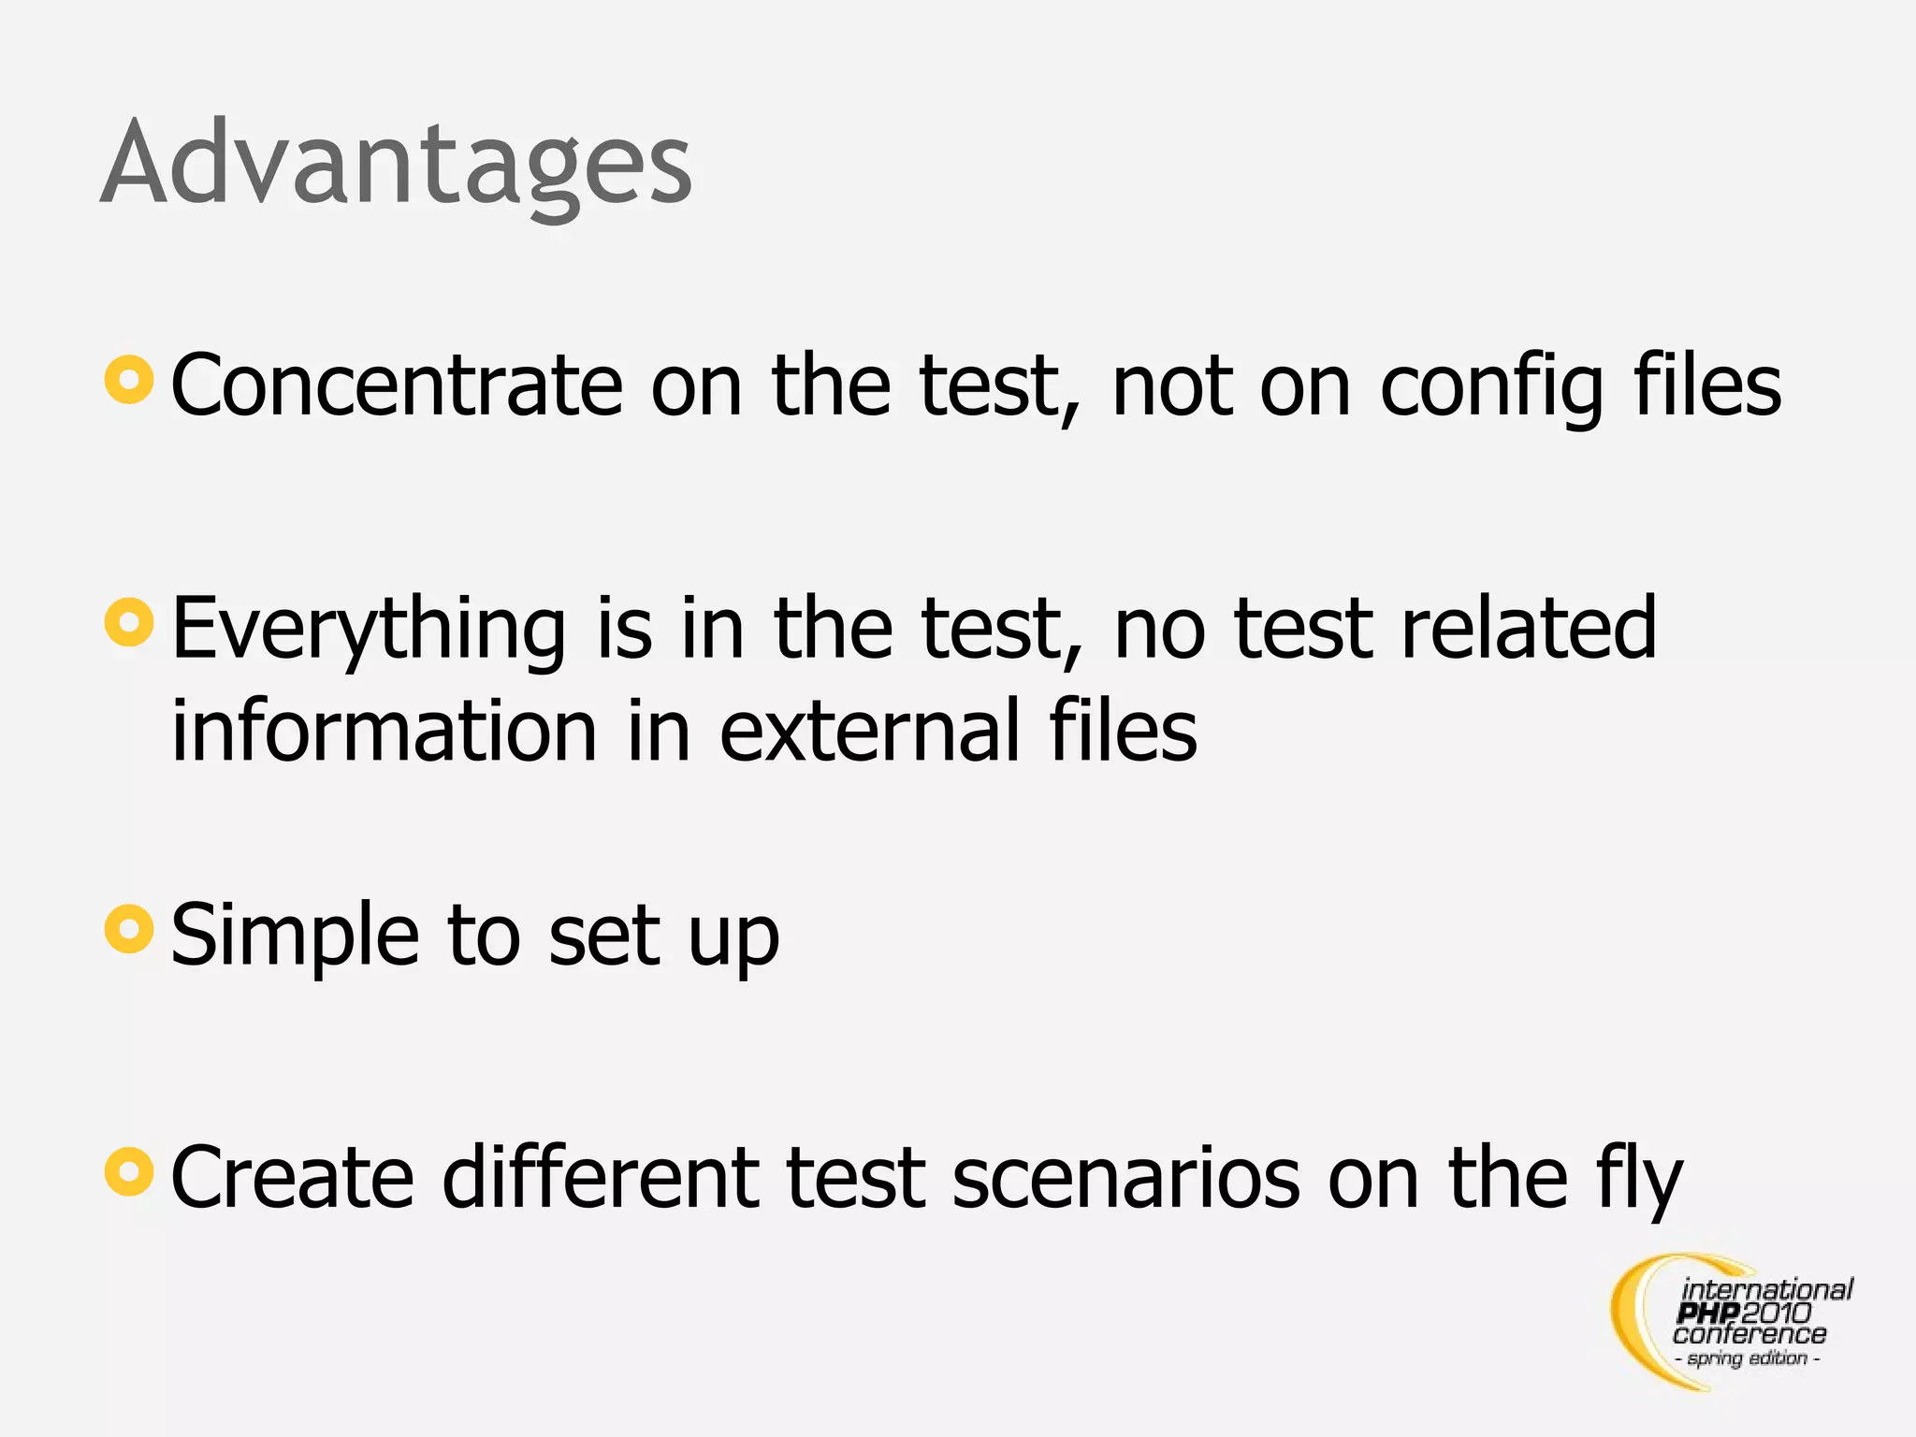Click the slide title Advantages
(x=396, y=164)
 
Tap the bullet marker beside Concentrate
(x=129, y=380)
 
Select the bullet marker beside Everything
(x=129, y=622)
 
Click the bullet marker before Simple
(x=129, y=929)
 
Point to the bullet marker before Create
(x=129, y=1171)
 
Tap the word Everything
(x=369, y=631)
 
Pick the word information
(x=385, y=731)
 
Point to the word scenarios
(x=1125, y=1179)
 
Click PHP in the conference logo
(x=1708, y=1314)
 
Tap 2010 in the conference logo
(x=1777, y=1314)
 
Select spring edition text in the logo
(x=1748, y=1358)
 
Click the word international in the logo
(x=1766, y=1290)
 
